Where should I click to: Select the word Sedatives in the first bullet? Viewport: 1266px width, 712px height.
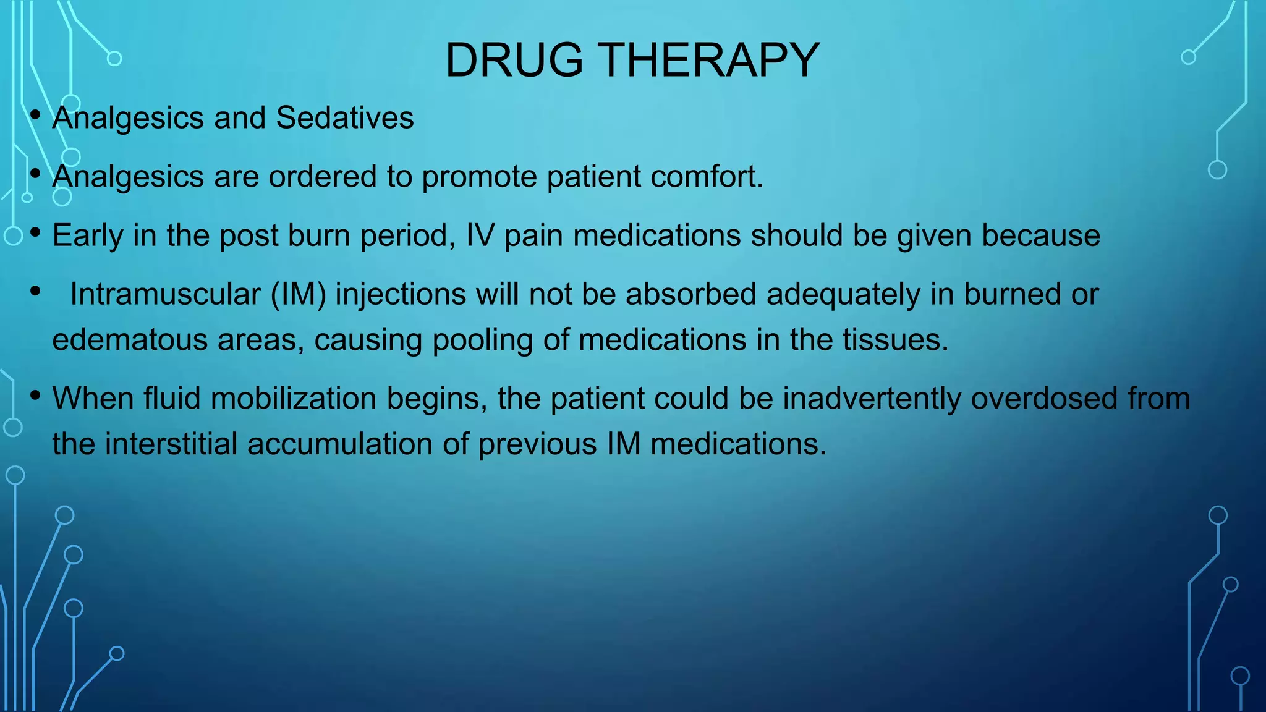[344, 118]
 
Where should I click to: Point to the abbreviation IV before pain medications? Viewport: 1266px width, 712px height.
[480, 235]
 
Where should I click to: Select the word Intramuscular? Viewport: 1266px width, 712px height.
[165, 294]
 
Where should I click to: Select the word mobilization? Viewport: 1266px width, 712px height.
[293, 399]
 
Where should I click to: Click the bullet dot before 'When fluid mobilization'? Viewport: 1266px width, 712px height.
[35, 394]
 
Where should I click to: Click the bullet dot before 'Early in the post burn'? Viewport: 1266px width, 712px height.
[35, 232]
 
